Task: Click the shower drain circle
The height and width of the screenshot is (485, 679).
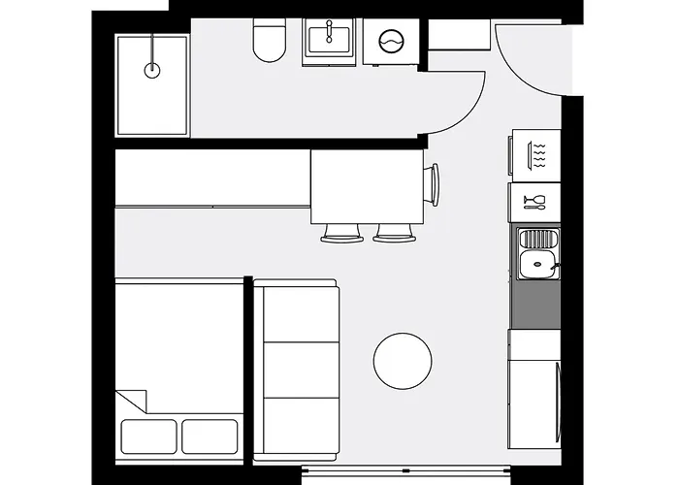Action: (152, 70)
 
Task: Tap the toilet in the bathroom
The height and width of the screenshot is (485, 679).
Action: (267, 42)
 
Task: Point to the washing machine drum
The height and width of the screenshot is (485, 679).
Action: (390, 42)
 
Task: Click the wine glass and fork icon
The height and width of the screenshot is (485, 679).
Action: (534, 202)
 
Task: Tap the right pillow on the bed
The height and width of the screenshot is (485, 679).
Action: (211, 436)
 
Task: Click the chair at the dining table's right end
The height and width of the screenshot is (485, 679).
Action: (432, 184)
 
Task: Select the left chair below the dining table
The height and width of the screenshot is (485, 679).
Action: (340, 233)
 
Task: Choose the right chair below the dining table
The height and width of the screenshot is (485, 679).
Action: (393, 233)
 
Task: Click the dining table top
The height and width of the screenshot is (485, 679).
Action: (366, 186)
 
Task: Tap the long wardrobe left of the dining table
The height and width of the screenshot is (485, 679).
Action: (212, 177)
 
